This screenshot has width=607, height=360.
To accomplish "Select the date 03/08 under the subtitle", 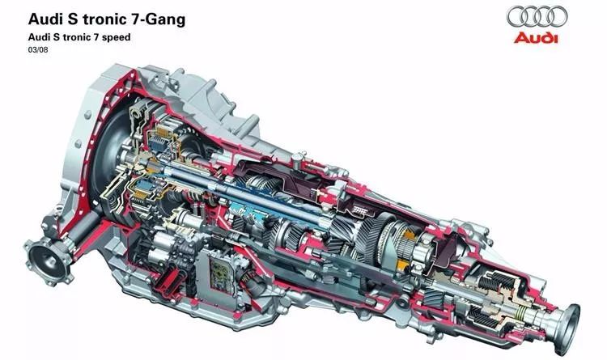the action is pos(38,50).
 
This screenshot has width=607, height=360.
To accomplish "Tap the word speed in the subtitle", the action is pos(117,38).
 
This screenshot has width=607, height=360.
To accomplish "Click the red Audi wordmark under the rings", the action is pos(536,38).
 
